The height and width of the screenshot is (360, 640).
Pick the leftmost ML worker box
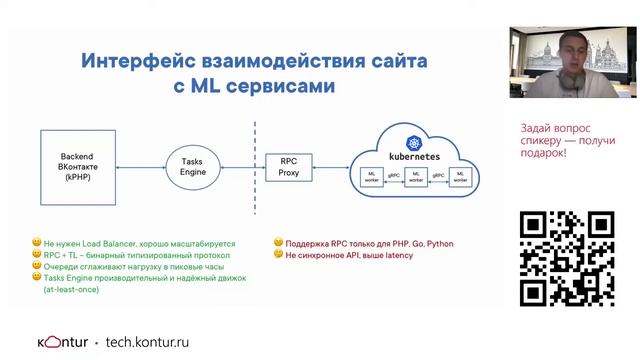click(x=372, y=177)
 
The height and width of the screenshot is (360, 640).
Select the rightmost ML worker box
click(x=459, y=177)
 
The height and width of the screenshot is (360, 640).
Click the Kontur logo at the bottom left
click(x=57, y=341)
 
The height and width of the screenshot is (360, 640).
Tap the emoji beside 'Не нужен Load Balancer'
click(x=35, y=242)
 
